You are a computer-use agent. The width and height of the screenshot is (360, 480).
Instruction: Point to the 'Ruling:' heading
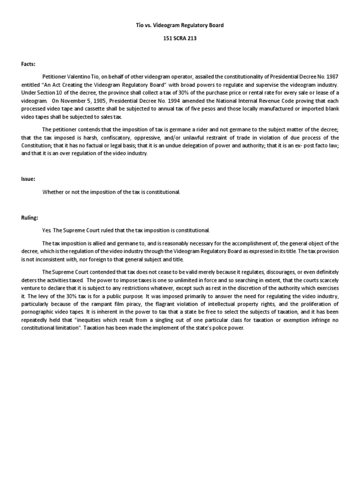point(30,218)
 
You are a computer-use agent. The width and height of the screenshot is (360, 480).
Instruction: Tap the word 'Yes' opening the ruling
point(46,231)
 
